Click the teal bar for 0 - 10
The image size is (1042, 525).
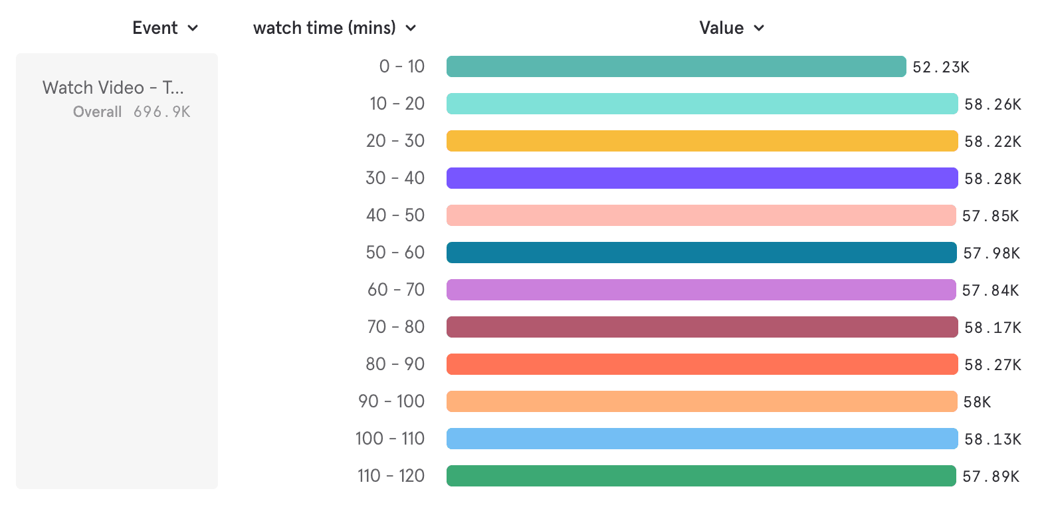click(x=676, y=66)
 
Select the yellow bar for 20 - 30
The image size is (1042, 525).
click(x=702, y=141)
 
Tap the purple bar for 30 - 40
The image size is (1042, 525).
click(x=702, y=178)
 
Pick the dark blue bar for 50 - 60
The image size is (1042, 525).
click(x=701, y=253)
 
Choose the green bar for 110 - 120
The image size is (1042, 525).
click(x=701, y=476)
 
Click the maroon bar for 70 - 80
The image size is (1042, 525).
click(x=702, y=327)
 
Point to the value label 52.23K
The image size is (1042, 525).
click(x=941, y=67)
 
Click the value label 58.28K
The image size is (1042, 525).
click(x=993, y=179)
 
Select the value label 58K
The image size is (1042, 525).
click(x=978, y=402)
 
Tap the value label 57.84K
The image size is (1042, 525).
click(x=990, y=290)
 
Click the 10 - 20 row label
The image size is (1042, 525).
click(x=397, y=104)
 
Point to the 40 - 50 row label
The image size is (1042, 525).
click(x=395, y=215)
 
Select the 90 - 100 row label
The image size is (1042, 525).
click(x=391, y=401)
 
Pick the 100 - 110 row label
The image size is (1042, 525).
click(x=390, y=439)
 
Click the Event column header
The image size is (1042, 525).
click(x=155, y=28)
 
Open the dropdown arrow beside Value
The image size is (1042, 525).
click(x=760, y=28)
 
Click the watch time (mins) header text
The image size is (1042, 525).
click(x=324, y=28)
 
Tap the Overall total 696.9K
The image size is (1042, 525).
click(x=161, y=112)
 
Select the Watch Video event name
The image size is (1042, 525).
click(x=113, y=88)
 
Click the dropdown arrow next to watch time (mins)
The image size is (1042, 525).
click(x=411, y=28)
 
